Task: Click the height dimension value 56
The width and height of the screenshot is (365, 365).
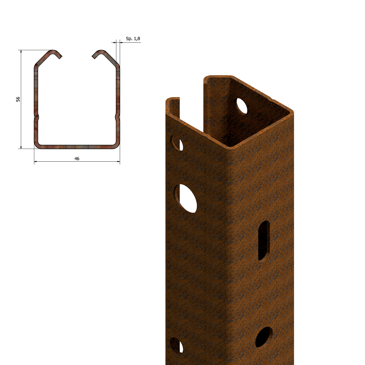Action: tap(18, 99)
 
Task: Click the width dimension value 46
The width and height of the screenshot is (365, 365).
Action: tap(77, 158)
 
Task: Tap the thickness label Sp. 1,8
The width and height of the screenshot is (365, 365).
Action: tap(133, 39)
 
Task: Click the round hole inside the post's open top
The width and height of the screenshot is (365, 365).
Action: tap(242, 105)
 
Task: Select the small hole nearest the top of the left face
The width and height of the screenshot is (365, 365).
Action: tap(177, 143)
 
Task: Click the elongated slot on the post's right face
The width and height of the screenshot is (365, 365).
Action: tap(264, 241)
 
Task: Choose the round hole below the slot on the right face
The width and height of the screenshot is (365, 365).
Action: tap(264, 337)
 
